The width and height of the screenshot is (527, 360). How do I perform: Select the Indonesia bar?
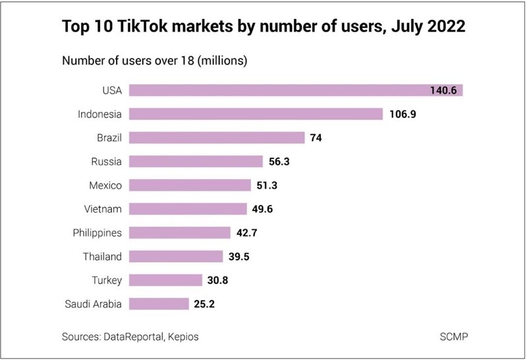coord(256,114)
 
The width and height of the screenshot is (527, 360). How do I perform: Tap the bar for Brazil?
coord(217,138)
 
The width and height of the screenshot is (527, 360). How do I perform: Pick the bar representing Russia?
coord(196,162)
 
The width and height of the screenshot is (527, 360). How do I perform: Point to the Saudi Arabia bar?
coord(159,304)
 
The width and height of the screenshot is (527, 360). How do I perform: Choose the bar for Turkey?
coord(165,280)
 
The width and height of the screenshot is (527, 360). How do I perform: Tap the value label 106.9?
coord(402,114)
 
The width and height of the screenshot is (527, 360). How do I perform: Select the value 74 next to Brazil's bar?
coord(316,138)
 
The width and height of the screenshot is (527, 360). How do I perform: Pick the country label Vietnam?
coord(103,209)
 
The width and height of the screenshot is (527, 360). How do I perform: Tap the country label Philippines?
coord(97,233)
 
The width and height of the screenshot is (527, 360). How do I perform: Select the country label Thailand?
coord(103,256)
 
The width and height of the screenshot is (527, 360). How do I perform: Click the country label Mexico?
coord(105,185)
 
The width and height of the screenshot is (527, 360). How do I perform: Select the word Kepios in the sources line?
coord(182,336)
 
